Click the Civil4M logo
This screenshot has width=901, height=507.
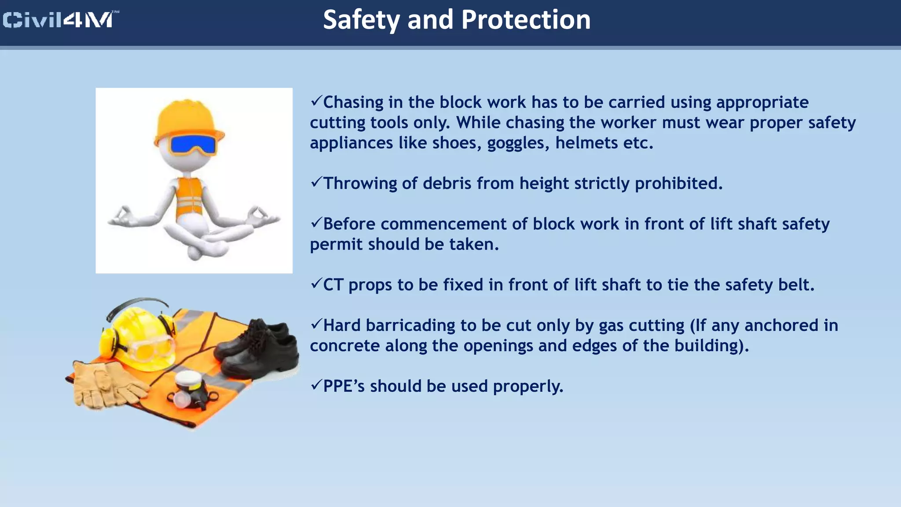60,20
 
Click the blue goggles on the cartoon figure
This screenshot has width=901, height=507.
193,145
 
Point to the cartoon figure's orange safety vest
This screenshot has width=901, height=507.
190,198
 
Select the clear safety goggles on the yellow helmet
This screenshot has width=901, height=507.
150,348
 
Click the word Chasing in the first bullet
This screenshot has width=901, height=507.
353,102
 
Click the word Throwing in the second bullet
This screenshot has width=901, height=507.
360,183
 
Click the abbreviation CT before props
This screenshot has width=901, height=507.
333,285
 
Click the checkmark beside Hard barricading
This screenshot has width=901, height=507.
316,324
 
